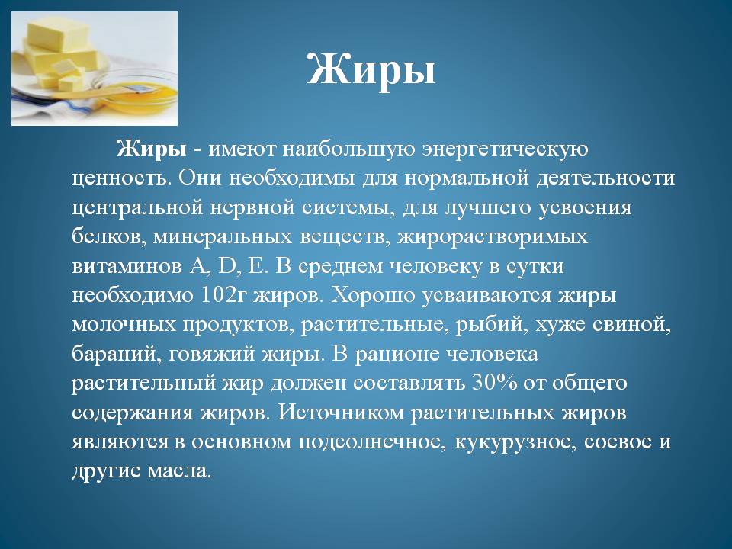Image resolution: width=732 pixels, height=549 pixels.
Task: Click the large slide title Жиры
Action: point(371,70)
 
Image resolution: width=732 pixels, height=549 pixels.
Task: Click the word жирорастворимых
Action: point(493,238)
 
